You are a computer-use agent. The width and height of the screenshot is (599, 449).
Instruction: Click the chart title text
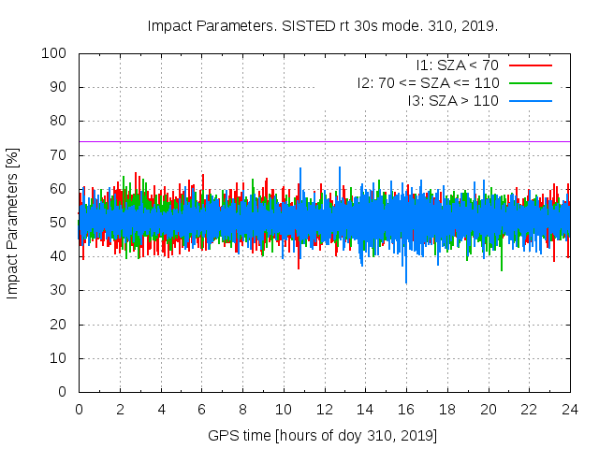pos(323,25)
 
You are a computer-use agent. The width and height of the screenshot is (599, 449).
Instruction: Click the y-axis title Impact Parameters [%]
pos(13,223)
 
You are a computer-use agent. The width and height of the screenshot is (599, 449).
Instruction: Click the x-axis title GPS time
pos(323,435)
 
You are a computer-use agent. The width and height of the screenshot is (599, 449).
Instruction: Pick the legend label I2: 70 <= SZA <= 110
pos(428,82)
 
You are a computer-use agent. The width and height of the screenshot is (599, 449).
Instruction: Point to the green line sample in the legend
pos(531,82)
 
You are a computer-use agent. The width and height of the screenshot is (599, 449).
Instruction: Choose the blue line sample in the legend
pos(531,100)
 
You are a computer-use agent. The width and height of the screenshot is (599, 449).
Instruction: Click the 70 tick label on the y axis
pos(60,155)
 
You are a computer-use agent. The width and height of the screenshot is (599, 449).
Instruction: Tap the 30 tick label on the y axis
pos(60,290)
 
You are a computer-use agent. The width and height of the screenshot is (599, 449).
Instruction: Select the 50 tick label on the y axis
pos(60,223)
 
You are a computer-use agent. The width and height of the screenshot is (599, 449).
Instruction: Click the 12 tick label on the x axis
pos(325,409)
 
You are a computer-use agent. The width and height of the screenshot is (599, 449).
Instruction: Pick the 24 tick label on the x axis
pos(570,409)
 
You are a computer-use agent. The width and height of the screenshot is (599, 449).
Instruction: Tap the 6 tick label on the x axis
pos(201,409)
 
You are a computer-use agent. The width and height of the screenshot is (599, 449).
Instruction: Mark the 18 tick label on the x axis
pos(447,409)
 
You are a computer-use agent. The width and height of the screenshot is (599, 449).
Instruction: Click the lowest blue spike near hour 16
pos(406,281)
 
